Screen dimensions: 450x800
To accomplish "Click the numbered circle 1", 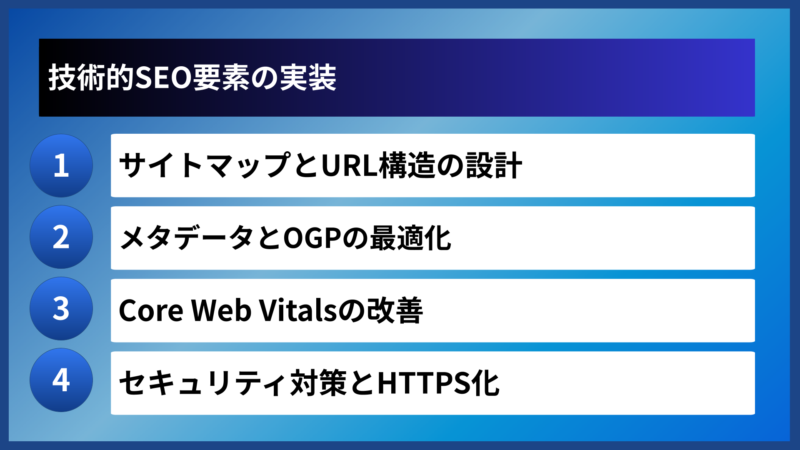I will (61, 165).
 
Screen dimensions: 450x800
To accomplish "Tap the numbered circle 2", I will (61, 237).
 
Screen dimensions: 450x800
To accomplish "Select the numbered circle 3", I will (61, 309).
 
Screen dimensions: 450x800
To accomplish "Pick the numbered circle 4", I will (61, 380).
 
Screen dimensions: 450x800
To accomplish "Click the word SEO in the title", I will (163, 78).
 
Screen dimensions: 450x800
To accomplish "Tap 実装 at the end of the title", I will (308, 78).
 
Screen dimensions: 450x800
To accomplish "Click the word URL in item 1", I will (350, 165).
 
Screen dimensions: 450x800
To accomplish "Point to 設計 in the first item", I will (494, 165).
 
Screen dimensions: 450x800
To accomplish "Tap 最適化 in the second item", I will (410, 238).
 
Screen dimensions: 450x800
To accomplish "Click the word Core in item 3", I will (151, 311).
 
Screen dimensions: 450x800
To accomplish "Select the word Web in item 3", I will (221, 311).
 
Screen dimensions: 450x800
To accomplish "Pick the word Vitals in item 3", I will (297, 311).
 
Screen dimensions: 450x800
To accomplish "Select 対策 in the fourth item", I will (318, 383).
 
